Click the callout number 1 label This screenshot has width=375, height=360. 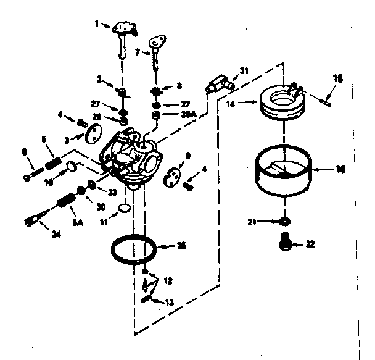pos(96,24)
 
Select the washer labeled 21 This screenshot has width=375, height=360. pos(284,221)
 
